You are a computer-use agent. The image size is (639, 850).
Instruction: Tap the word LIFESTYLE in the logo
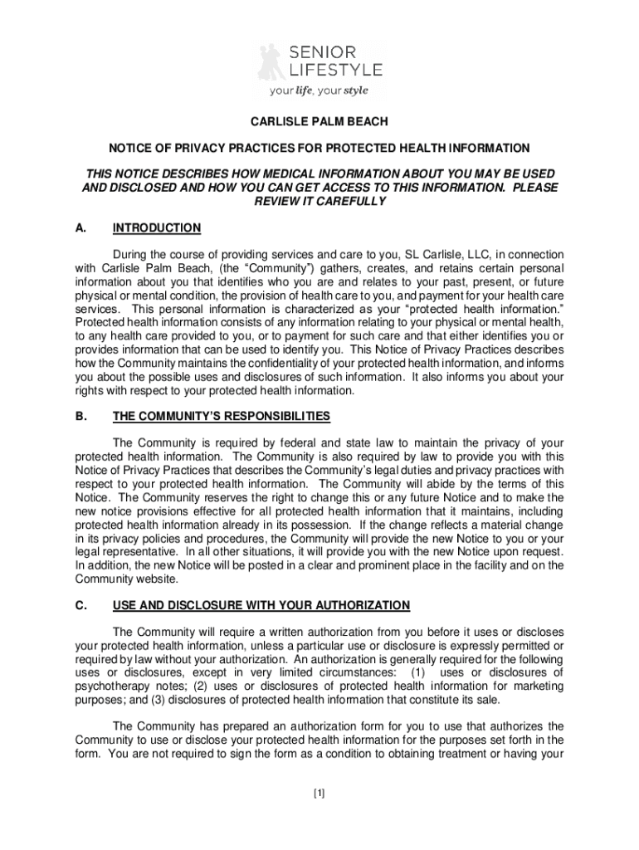(336, 70)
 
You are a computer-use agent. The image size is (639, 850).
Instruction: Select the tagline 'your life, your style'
(319, 90)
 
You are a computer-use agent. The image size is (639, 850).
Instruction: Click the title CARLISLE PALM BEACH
(319, 122)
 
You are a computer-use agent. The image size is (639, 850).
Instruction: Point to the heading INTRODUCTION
(157, 228)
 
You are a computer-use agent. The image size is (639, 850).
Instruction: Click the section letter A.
(81, 228)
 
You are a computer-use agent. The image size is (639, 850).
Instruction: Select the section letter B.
(81, 416)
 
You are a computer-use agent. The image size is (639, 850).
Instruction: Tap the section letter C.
(81, 604)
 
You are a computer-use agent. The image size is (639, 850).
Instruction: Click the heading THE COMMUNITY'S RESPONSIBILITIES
(222, 416)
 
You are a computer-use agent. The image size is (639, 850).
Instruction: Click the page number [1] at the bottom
(319, 793)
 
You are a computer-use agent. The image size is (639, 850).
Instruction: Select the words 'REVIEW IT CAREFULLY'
(319, 202)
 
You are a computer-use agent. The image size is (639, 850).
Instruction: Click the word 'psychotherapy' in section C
(109, 686)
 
